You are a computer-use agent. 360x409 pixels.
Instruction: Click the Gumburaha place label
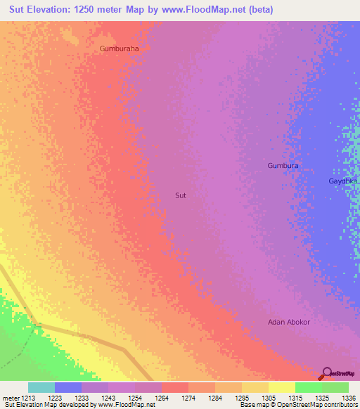(x=120, y=49)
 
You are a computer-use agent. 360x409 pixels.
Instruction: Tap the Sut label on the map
(x=181, y=195)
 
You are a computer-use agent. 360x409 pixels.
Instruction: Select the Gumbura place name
(x=283, y=166)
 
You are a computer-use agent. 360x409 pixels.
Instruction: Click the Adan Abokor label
(x=289, y=322)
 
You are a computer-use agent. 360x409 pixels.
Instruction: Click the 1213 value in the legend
(x=27, y=398)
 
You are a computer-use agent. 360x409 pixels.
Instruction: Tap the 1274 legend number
(x=188, y=398)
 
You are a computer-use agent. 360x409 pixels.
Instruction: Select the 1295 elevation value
(x=241, y=398)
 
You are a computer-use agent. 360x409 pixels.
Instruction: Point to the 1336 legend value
(x=348, y=398)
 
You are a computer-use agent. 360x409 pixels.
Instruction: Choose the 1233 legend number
(x=81, y=398)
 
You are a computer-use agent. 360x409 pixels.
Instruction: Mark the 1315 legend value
(x=295, y=398)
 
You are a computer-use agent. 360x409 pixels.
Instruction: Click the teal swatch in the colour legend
(x=41, y=387)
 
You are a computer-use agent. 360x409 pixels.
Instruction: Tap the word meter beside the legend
(x=10, y=398)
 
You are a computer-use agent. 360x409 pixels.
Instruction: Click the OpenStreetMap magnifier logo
(x=327, y=373)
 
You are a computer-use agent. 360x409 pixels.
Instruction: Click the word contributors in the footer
(x=340, y=405)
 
